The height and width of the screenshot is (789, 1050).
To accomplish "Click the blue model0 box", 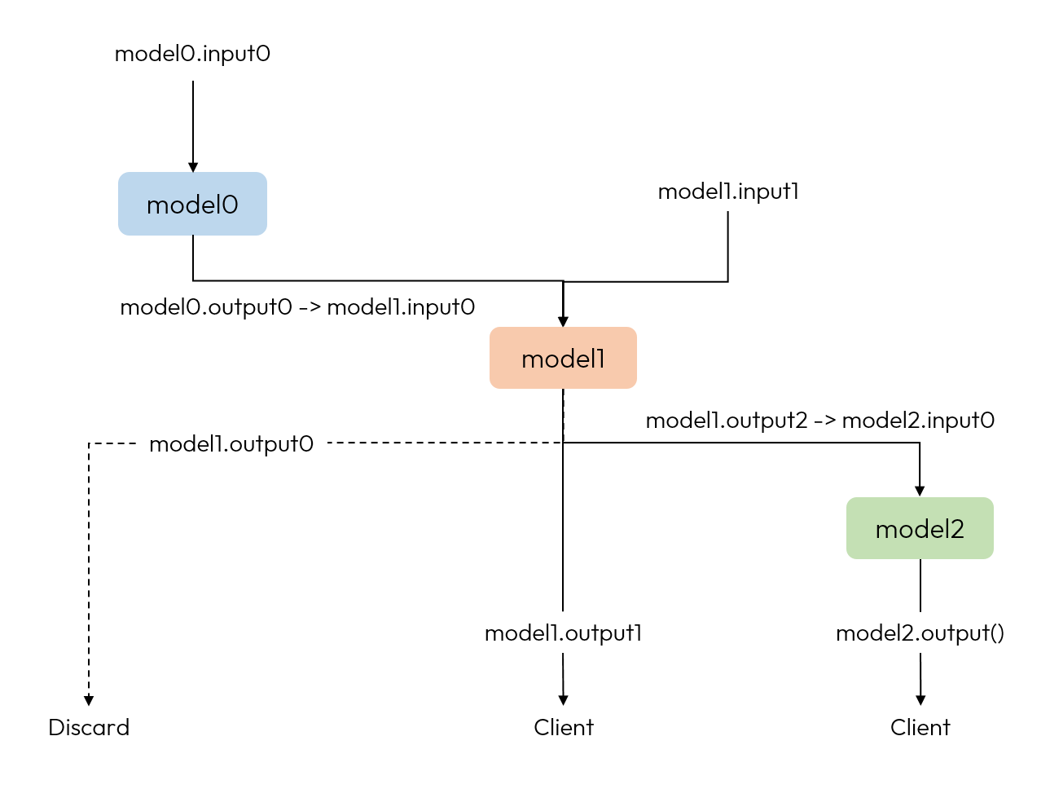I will click(192, 204).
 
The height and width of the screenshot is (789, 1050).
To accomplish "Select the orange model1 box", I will click(563, 358).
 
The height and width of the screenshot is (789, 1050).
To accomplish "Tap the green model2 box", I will click(920, 528).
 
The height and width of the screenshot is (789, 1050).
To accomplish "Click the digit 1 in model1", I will click(600, 359).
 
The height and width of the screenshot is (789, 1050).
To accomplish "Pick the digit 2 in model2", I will click(956, 530).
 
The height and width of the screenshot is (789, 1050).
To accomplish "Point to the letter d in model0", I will click(193, 205).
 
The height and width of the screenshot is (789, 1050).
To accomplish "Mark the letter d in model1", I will click(567, 359).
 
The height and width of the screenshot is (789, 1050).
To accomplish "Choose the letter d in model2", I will click(921, 529).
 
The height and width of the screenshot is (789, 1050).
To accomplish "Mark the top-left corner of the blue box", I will click(120, 174).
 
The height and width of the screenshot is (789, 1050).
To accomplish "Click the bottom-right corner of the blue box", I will click(266, 234).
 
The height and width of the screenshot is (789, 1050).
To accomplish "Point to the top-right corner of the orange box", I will click(635, 328).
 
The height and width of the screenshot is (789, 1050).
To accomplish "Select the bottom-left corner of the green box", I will click(848, 558).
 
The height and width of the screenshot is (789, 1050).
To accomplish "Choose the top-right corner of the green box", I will click(992, 499).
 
